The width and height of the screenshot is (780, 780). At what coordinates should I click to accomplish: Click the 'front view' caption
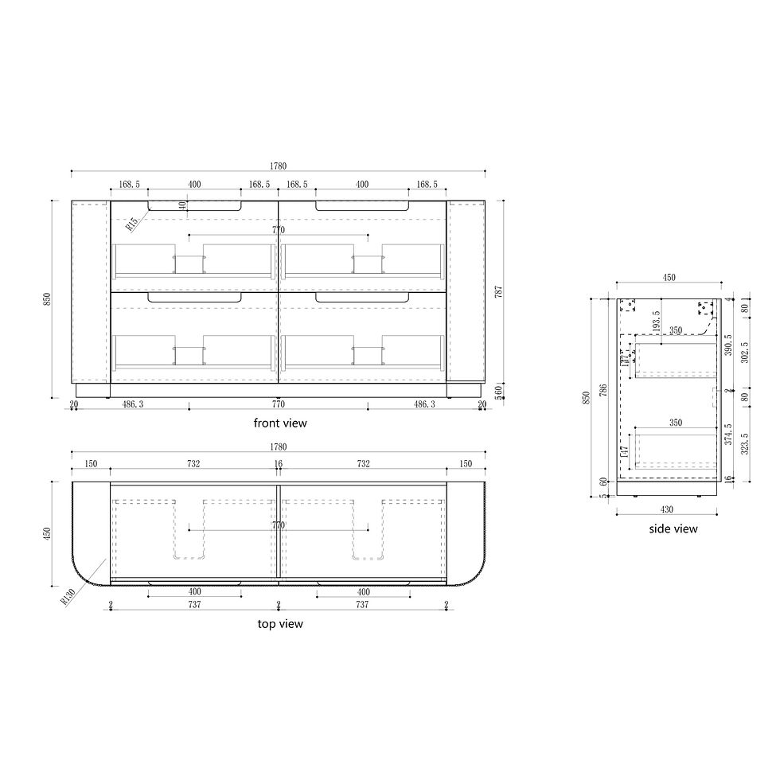click(x=279, y=423)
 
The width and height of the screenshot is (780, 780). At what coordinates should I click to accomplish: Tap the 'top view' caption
click(x=279, y=624)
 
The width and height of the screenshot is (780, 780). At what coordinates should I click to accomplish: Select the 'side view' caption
click(x=673, y=528)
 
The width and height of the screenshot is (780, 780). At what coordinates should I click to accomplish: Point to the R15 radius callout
click(x=132, y=222)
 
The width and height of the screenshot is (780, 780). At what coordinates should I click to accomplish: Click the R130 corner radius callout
click(x=68, y=596)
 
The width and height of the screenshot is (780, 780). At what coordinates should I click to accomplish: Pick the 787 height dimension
click(x=499, y=291)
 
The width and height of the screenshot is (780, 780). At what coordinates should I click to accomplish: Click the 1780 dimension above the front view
click(x=278, y=166)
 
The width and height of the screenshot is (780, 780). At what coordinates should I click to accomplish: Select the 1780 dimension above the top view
click(x=278, y=447)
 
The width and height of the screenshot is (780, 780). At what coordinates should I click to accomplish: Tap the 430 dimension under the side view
click(x=667, y=509)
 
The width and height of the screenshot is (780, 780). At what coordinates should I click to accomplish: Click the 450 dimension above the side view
click(x=669, y=278)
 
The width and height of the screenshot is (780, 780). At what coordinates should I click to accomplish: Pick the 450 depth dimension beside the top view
click(x=47, y=532)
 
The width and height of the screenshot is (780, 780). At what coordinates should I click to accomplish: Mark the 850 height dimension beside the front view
click(x=47, y=299)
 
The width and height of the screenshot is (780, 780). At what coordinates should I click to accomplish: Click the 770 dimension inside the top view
click(x=279, y=525)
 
